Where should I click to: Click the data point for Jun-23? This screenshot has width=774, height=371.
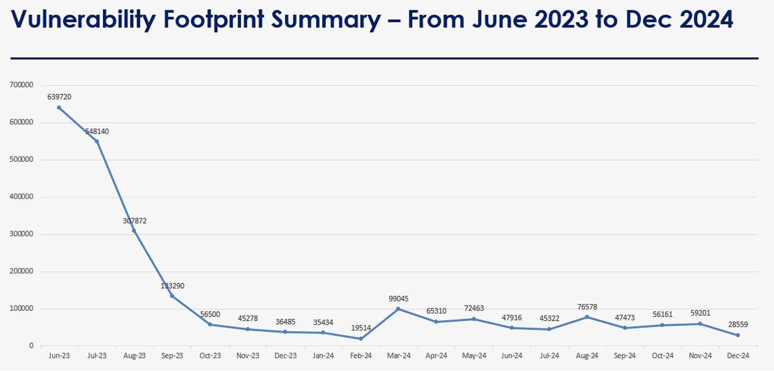pyautogui.click(x=59, y=108)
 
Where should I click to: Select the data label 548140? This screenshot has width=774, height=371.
pyautogui.click(x=97, y=132)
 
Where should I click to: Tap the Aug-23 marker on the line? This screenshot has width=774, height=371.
pyautogui.click(x=134, y=231)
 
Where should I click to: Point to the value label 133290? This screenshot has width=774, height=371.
pyautogui.click(x=173, y=286)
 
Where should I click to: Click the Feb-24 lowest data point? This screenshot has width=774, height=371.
pyautogui.click(x=361, y=339)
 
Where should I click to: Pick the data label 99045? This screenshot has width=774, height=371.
pyautogui.click(x=399, y=299)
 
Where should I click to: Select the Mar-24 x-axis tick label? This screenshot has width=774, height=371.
pyautogui.click(x=399, y=356)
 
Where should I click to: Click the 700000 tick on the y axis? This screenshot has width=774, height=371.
pyautogui.click(x=21, y=85)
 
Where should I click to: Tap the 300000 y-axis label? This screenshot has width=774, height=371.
pyautogui.click(x=21, y=234)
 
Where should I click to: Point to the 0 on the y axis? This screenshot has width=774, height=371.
pyautogui.click(x=31, y=345)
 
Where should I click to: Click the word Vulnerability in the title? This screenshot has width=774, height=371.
pyautogui.click(x=83, y=19)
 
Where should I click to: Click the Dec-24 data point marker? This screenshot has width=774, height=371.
pyautogui.click(x=738, y=335)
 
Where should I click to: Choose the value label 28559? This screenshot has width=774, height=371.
pyautogui.click(x=738, y=325)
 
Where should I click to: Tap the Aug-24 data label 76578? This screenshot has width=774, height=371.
pyautogui.click(x=587, y=307)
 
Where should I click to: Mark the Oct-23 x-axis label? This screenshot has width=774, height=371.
pyautogui.click(x=210, y=356)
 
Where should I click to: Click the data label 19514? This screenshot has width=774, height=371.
pyautogui.click(x=361, y=328)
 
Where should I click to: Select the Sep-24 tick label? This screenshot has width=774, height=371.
pyautogui.click(x=625, y=356)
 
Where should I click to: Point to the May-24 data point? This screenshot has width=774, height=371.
pyautogui.click(x=474, y=319)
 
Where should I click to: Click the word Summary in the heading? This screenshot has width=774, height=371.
pyautogui.click(x=326, y=19)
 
